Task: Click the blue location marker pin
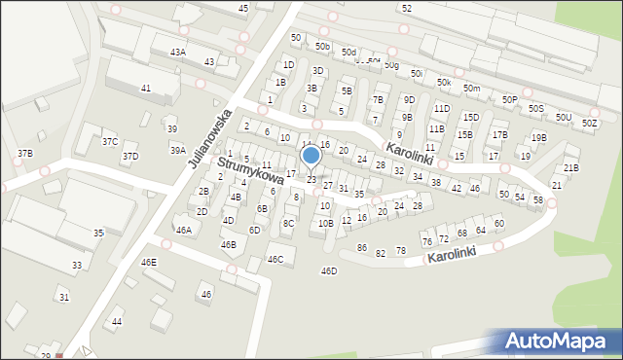311,156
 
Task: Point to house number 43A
177,53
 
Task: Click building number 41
146,89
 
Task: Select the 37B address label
24,154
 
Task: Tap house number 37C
110,141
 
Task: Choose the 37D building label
129,157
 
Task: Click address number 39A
177,151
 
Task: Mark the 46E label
148,263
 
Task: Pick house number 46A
183,231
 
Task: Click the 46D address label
329,270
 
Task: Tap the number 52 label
406,8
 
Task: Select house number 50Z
589,124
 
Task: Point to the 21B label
570,167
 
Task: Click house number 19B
538,138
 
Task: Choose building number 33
76,266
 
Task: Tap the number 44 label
117,321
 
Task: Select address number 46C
275,260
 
